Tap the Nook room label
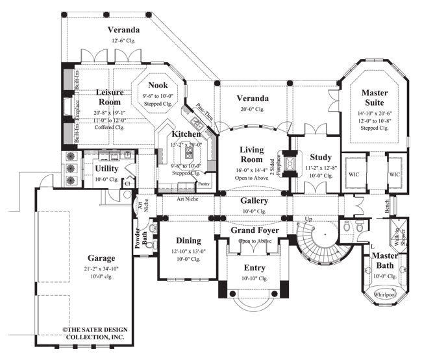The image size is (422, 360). (x=158, y=85)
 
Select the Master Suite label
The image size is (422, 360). (x=375, y=97)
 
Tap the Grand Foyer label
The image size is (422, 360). (x=255, y=230)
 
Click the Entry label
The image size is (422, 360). (x=254, y=267)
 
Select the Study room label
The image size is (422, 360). (x=321, y=157)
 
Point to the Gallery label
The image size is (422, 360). (x=254, y=201)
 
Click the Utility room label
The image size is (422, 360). (x=106, y=169)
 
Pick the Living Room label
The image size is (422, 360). (x=251, y=155)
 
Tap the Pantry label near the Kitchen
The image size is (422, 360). (x=204, y=184)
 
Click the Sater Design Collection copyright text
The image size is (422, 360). (x=95, y=333)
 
